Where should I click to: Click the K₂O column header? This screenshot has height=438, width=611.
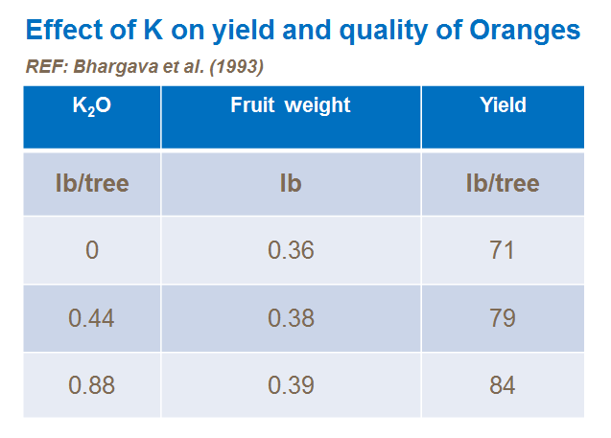[x=92, y=106]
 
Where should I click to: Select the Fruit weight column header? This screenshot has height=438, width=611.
[x=291, y=105]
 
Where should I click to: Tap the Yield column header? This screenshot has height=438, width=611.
[x=503, y=105]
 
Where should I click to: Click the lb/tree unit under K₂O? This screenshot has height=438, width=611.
[x=92, y=182]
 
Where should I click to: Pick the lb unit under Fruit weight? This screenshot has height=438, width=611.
[x=291, y=182]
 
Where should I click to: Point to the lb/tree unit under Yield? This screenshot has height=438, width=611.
[x=503, y=182]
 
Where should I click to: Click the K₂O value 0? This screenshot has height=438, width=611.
[x=92, y=250]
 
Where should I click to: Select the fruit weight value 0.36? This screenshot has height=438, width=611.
[x=291, y=250]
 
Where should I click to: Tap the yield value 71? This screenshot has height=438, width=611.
[x=503, y=250]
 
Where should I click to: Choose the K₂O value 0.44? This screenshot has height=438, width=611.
[x=92, y=317]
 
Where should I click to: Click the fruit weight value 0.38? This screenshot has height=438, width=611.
[x=291, y=317]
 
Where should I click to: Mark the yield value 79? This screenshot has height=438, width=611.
[x=503, y=317]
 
